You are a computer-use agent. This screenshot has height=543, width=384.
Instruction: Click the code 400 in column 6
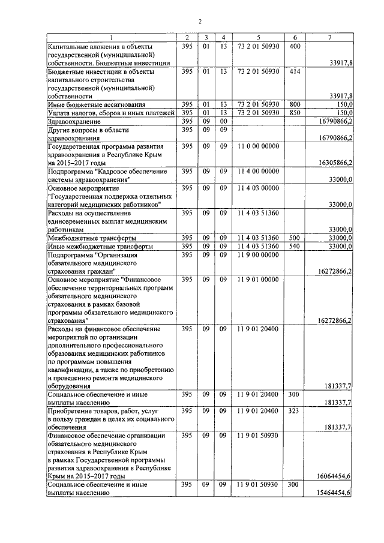click(295, 46)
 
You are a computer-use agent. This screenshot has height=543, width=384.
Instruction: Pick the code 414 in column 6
click(295, 71)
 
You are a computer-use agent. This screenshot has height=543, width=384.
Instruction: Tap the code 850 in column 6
click(295, 112)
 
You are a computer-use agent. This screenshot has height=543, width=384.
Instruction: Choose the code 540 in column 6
click(295, 247)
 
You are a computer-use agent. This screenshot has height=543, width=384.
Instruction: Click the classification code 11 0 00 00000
click(258, 146)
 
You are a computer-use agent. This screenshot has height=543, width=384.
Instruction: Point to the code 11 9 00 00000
click(258, 255)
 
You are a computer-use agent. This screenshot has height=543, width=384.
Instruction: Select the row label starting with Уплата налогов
click(110, 112)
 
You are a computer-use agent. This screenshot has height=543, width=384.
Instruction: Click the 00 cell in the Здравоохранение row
click(223, 121)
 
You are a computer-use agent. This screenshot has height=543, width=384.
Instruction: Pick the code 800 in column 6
click(295, 104)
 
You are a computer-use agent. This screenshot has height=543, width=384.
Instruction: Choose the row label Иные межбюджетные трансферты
click(100, 247)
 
